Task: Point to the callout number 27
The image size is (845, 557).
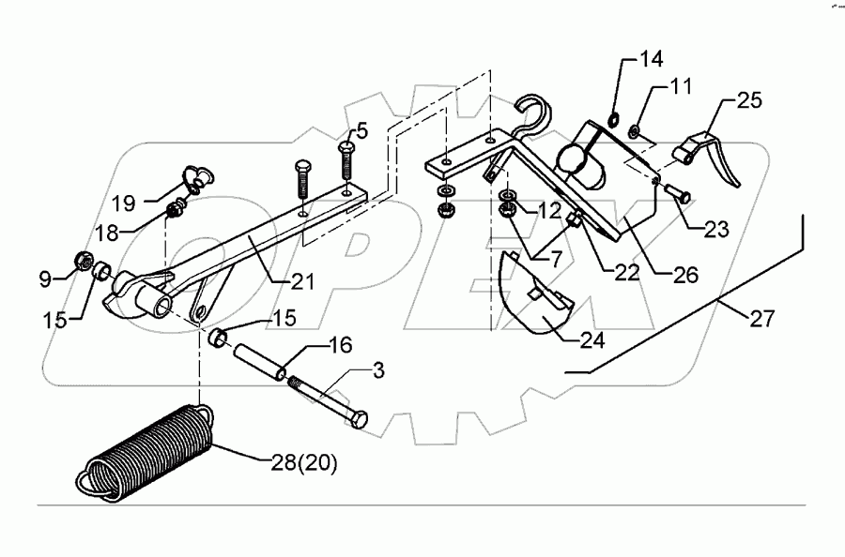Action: click(761, 319)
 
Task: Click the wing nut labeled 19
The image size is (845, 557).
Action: click(196, 174)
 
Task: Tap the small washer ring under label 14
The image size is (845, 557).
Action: click(613, 119)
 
